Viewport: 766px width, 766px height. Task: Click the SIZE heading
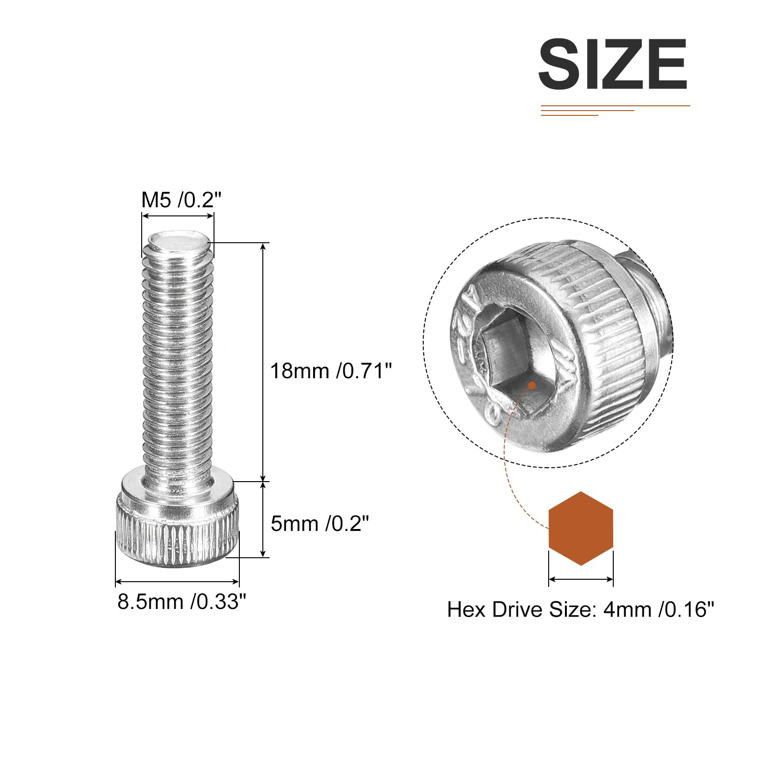point(613,64)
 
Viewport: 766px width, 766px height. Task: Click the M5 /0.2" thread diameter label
point(181,200)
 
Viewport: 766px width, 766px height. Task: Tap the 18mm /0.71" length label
point(331,371)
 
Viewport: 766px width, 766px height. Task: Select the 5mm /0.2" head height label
point(320,524)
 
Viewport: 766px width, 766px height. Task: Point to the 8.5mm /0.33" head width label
point(182,602)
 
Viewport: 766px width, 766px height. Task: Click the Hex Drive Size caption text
point(580,610)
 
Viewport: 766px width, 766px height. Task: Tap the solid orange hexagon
point(581,528)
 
